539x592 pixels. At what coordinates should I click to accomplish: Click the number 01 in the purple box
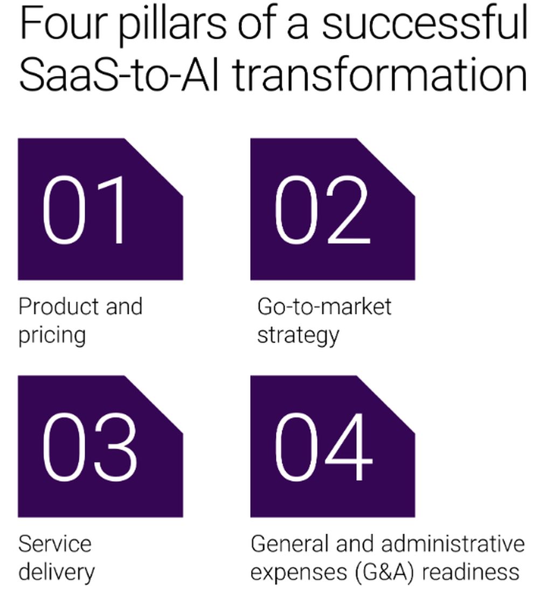(84, 210)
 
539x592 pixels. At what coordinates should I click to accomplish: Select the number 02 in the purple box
(322, 210)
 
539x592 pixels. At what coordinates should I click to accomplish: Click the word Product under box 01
(60, 306)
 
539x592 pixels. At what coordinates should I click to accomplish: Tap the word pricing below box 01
(52, 336)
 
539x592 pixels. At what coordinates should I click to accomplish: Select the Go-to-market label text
(324, 306)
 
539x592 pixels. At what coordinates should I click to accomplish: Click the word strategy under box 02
(299, 336)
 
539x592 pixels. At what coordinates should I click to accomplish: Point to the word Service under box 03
(55, 544)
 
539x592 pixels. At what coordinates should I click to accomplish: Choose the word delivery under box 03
(57, 573)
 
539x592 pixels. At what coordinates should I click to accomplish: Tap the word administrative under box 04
(453, 544)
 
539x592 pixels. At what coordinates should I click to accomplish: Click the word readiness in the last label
(471, 573)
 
